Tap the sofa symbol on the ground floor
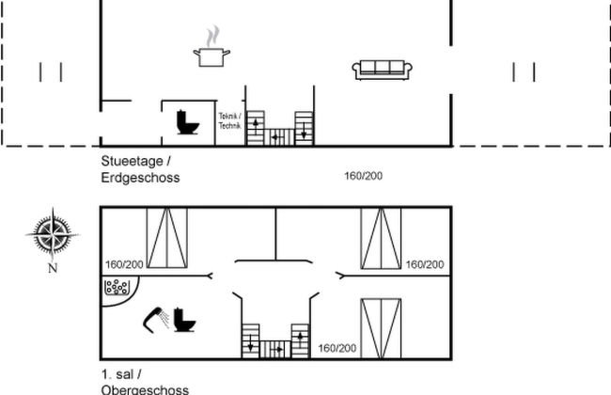383,68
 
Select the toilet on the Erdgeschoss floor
186,122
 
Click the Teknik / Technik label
229,119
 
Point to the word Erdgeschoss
140,177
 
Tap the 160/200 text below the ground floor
365,175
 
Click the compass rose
53,231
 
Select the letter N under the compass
53,268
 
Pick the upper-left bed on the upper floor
166,239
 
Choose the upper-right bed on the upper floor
381,239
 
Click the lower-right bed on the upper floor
381,328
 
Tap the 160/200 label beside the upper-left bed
124,265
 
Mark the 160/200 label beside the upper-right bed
424,265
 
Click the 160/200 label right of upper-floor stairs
337,348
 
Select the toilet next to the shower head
185,321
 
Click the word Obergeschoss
145,388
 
